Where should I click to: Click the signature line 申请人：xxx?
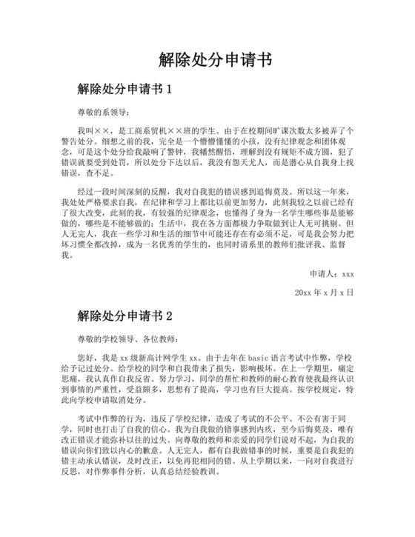pos(332,273)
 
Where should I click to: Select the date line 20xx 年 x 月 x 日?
pos(324,293)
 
